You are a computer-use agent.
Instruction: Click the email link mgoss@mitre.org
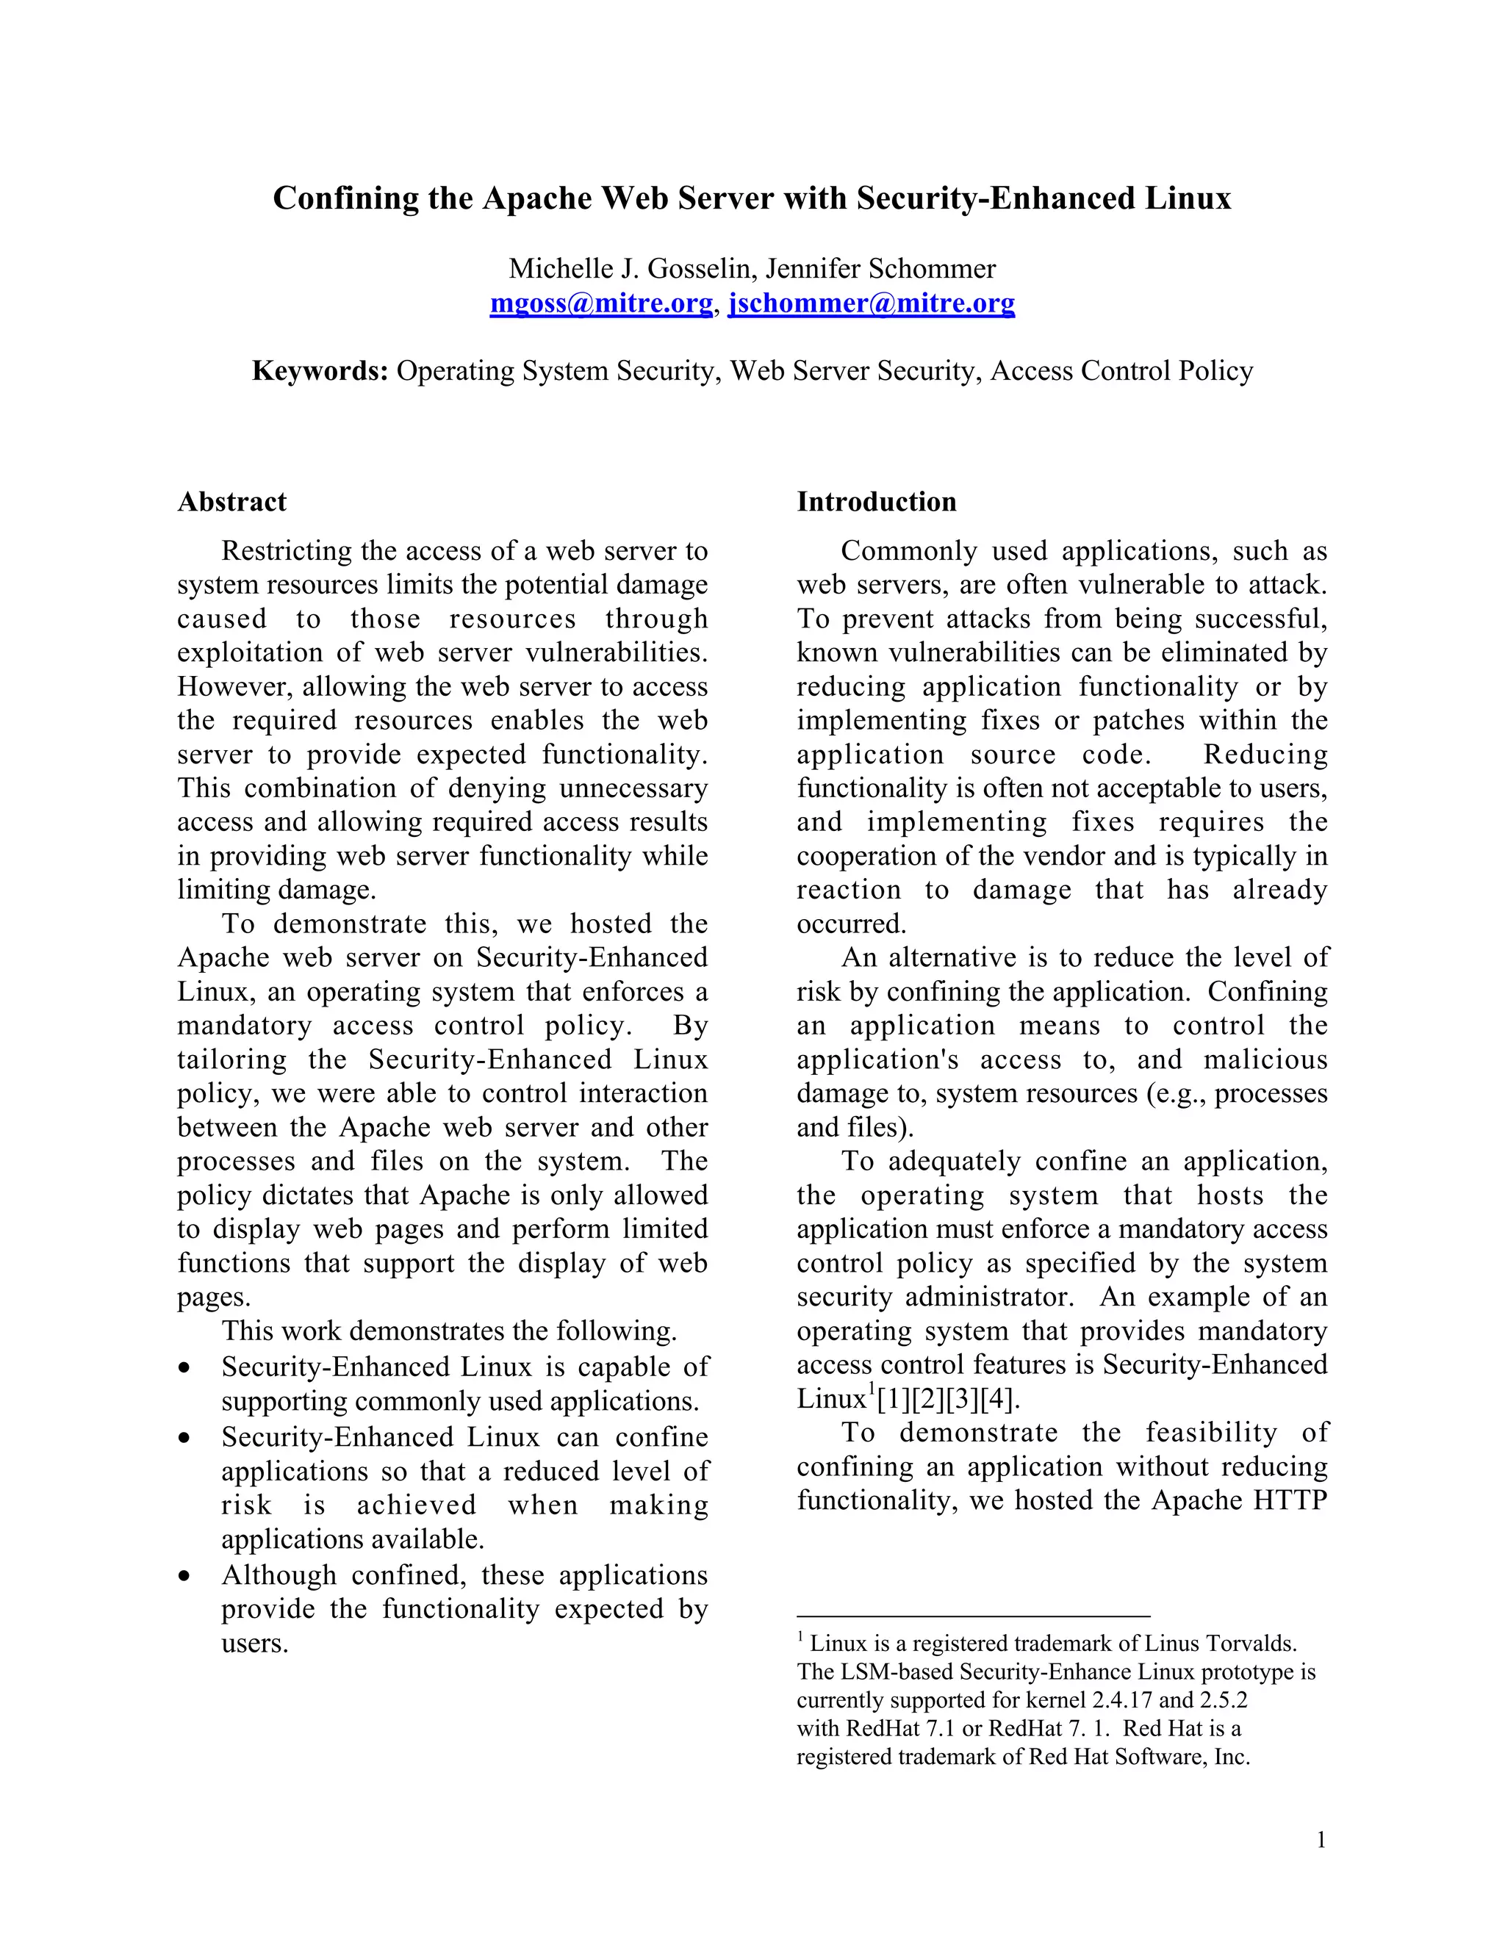pyautogui.click(x=601, y=304)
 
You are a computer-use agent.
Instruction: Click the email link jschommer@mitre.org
pyautogui.click(x=871, y=304)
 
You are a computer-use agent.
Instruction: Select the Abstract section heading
pyautogui.click(x=231, y=502)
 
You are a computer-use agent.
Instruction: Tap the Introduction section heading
pyautogui.click(x=877, y=502)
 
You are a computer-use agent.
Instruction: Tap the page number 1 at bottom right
pyautogui.click(x=1321, y=1840)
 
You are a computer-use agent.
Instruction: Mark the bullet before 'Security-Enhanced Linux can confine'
pyautogui.click(x=184, y=1438)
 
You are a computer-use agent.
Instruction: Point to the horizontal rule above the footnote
pyautogui.click(x=973, y=1616)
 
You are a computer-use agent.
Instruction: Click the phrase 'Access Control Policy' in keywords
pyautogui.click(x=1121, y=371)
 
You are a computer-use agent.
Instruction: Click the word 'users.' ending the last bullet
pyautogui.click(x=255, y=1643)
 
